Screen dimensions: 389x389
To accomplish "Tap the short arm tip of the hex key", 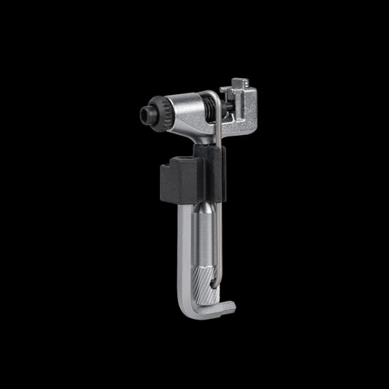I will tap(228, 308).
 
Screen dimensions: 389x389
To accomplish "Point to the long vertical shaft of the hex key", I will tap(185, 255).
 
